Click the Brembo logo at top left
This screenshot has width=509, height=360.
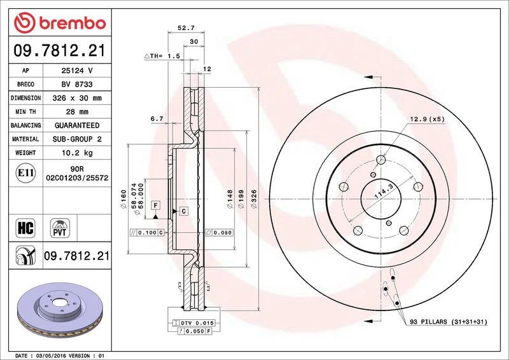pos(60,23)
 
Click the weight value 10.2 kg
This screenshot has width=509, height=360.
pos(77,153)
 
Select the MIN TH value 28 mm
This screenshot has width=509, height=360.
pos(77,112)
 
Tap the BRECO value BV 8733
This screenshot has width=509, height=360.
pos(77,84)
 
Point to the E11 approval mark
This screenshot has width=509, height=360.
pos(25,173)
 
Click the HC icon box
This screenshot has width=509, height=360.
pos(25,228)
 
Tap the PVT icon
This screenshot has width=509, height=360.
pos(60,228)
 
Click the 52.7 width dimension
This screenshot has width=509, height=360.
pos(186,28)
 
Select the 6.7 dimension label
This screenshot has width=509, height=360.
pos(157,119)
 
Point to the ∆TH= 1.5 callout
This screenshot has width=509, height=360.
pos(162,56)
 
